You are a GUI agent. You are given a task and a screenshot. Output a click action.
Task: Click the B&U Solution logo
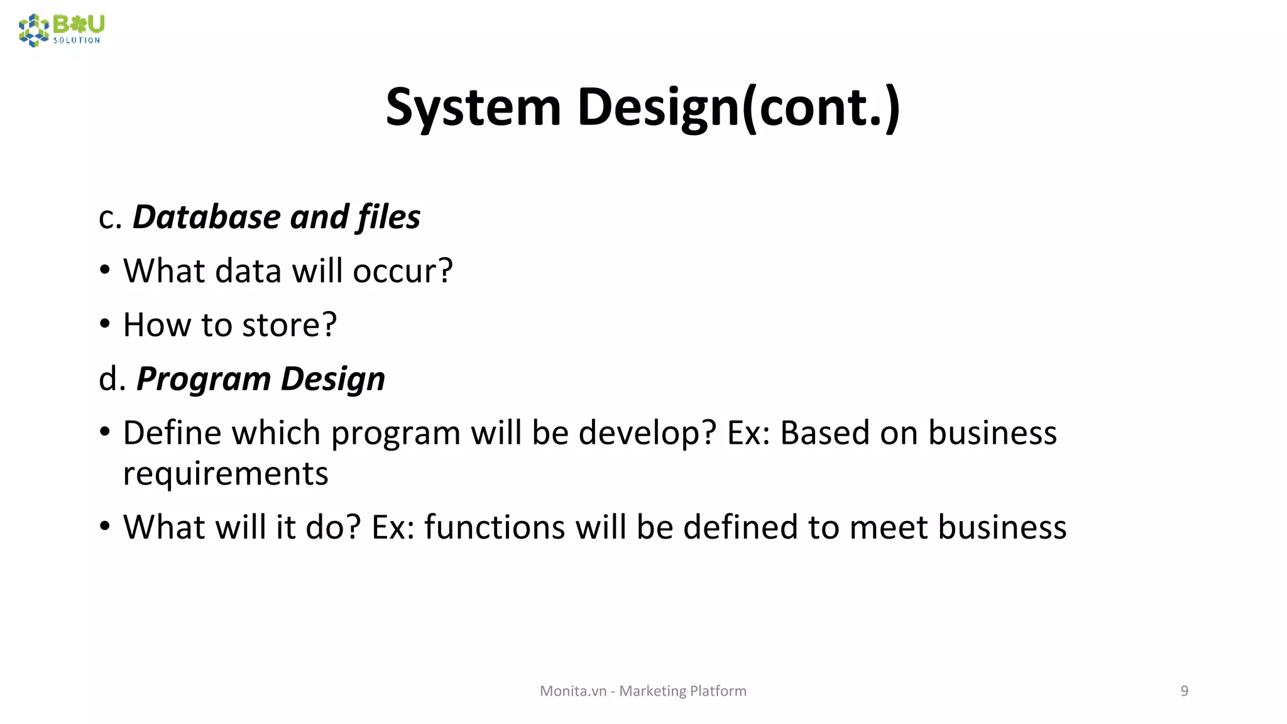[62, 30]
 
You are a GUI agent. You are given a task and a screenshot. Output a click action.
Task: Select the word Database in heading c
[207, 217]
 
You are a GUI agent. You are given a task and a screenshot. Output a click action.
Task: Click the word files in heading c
[389, 217]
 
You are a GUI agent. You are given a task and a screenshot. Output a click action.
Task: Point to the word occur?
[402, 271]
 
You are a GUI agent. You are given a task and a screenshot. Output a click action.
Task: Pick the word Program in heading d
[204, 380]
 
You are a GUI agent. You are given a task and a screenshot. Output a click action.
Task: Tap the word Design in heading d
[332, 380]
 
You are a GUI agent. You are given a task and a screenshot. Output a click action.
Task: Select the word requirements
[226, 474]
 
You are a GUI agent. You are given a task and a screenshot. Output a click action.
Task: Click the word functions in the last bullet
[494, 527]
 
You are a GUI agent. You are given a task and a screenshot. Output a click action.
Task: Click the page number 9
[1184, 691]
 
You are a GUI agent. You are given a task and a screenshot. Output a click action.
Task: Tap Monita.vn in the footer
[572, 691]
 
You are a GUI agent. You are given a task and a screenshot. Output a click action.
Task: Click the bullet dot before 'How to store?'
[105, 324]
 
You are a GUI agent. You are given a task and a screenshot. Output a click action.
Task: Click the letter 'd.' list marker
[112, 380]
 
